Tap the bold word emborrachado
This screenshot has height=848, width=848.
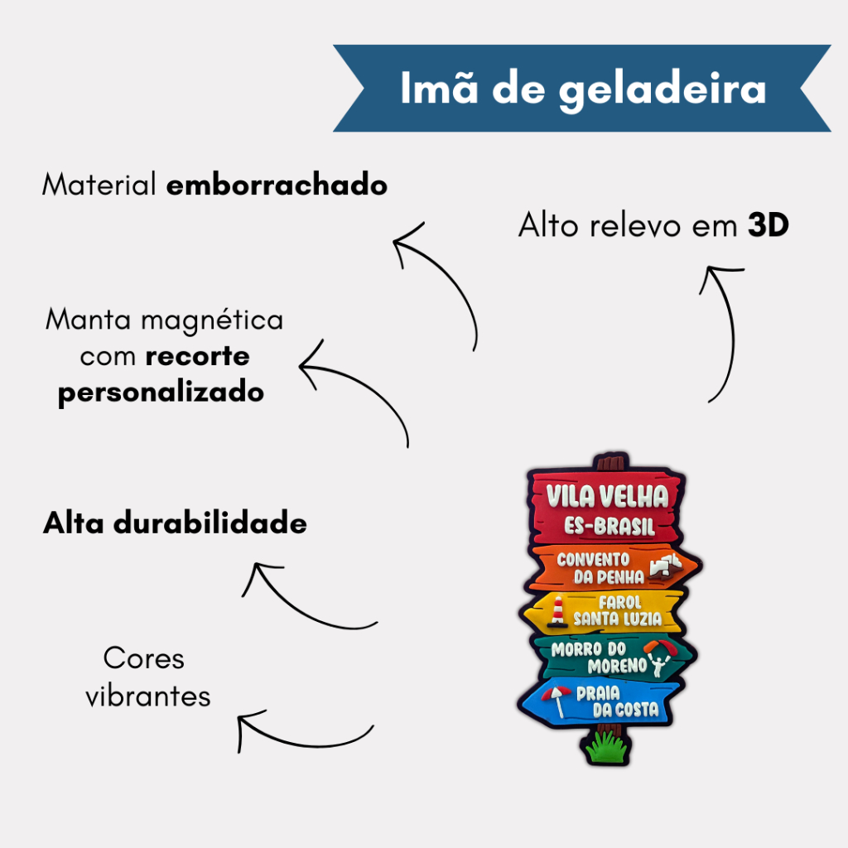277,185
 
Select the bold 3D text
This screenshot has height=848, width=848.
768,225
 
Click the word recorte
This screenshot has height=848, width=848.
197,356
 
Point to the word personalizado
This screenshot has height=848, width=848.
161,392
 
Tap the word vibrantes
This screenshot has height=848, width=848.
148,696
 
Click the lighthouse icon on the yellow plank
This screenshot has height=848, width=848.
559,610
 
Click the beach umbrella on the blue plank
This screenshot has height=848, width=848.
556,697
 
